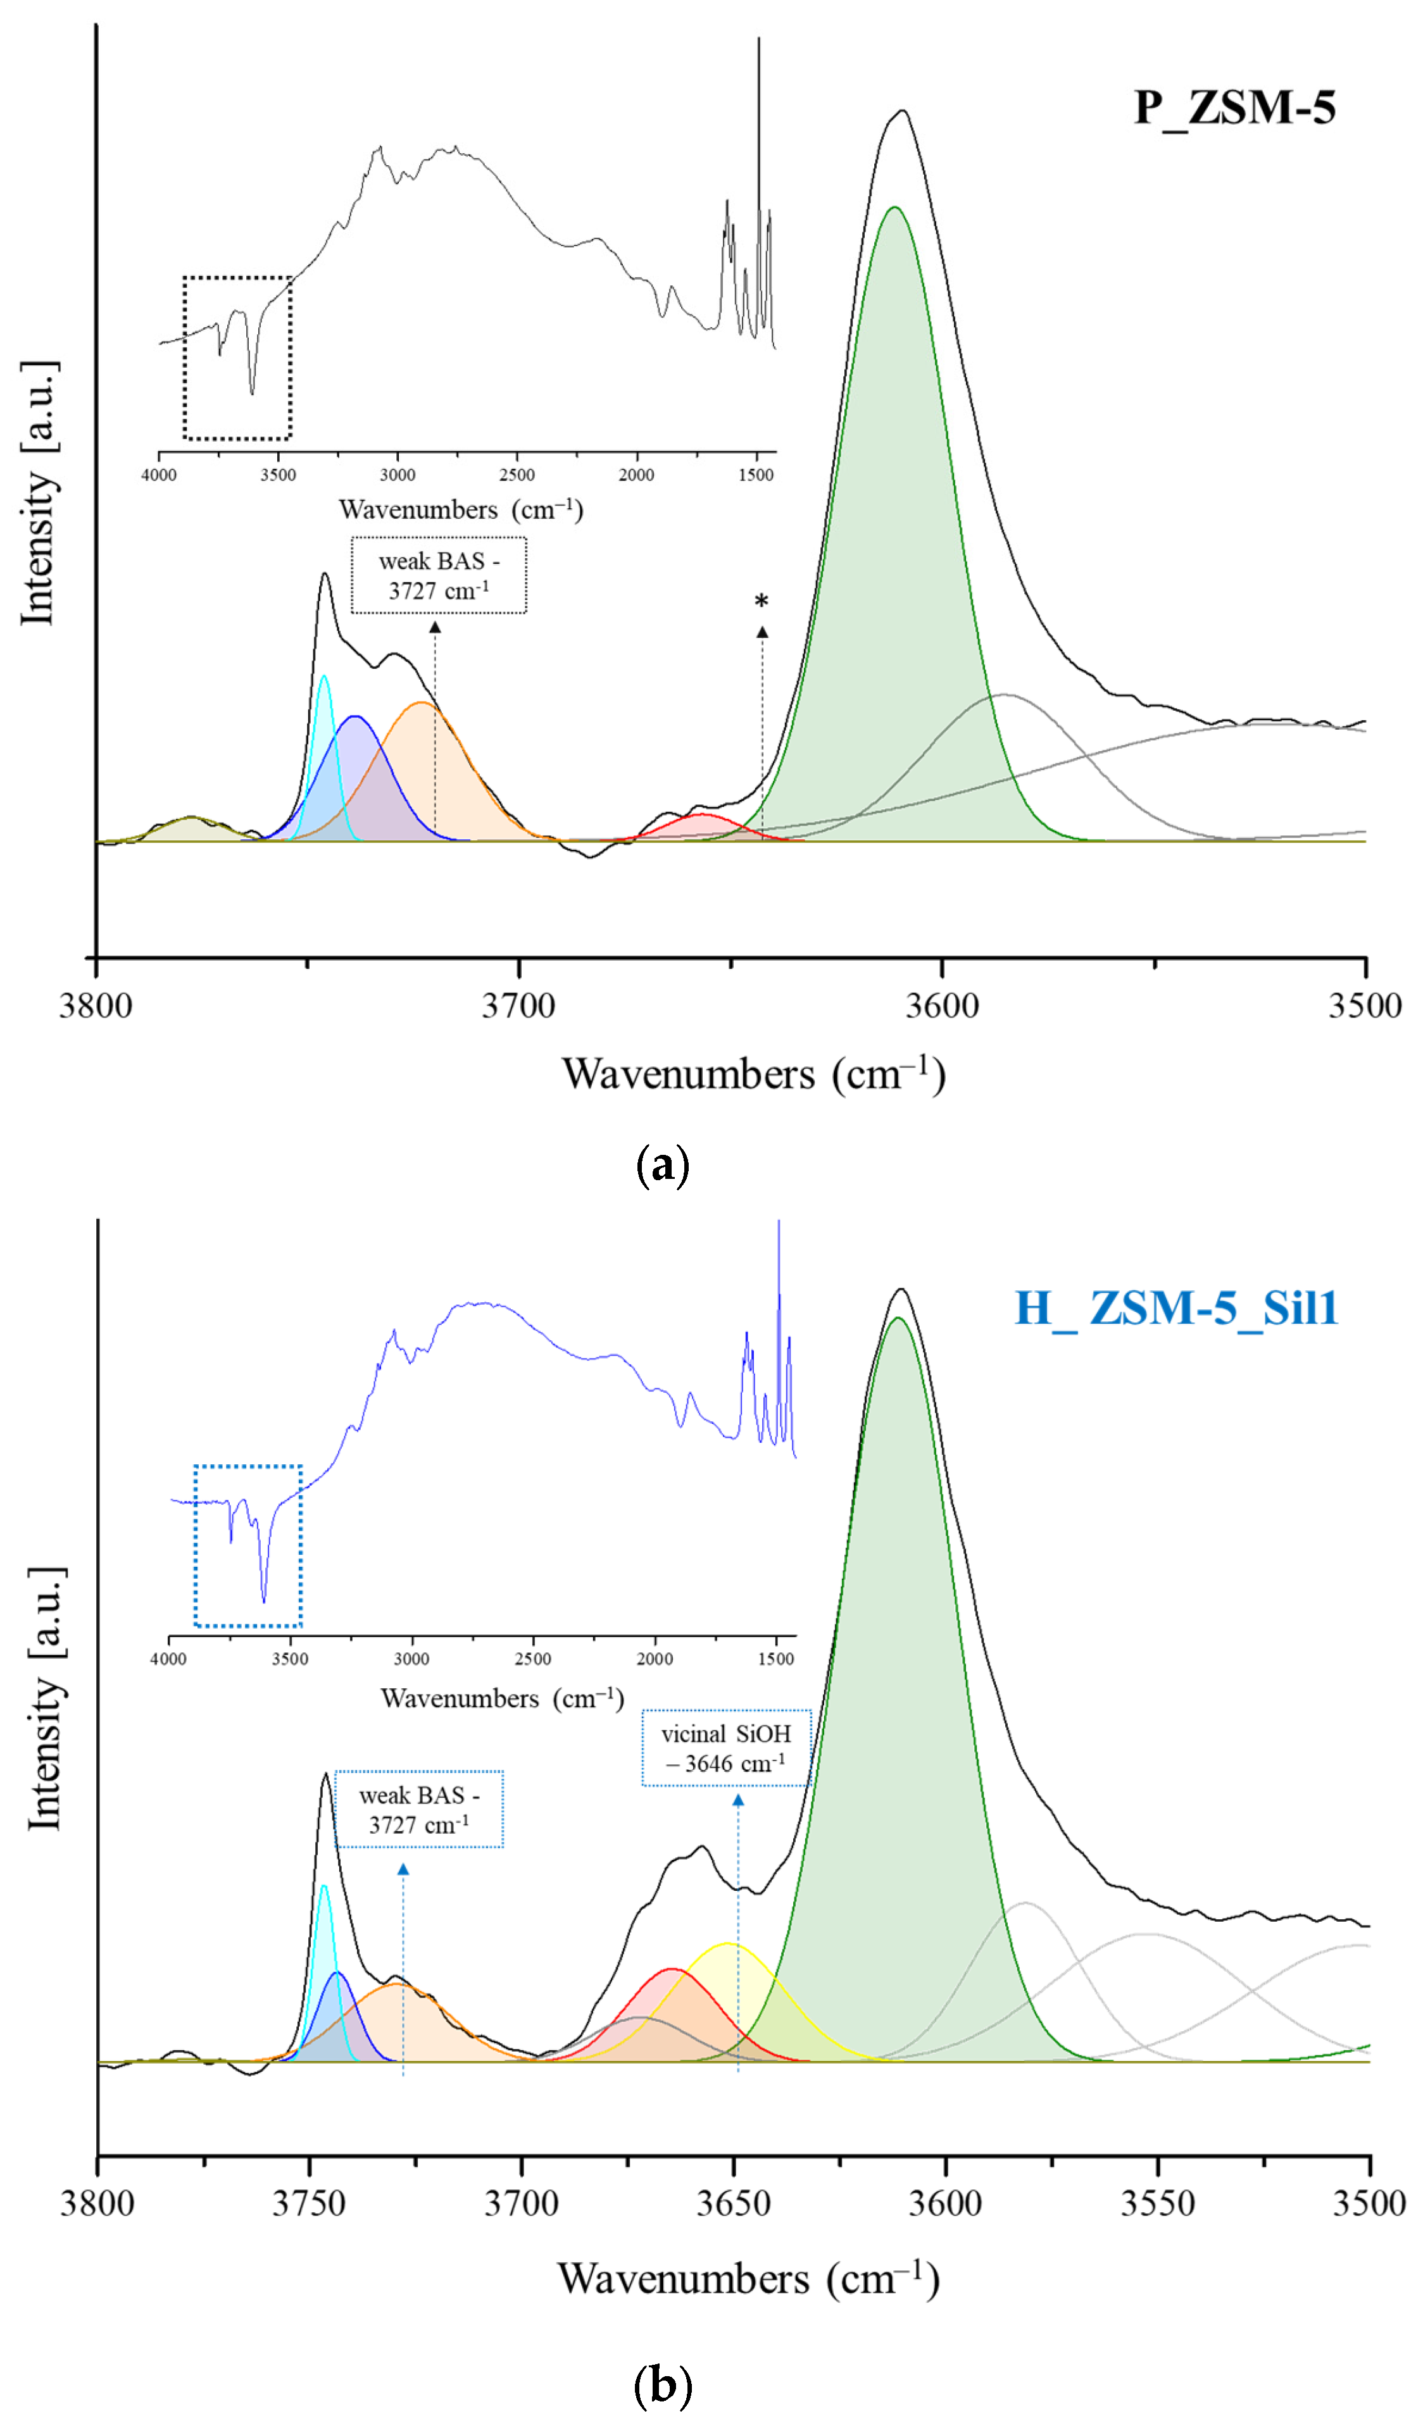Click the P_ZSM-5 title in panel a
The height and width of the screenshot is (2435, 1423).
(1234, 106)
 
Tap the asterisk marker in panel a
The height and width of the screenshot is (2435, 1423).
(762, 601)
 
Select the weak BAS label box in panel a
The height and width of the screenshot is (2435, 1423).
(439, 576)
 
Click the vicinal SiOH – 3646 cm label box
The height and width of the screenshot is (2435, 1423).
(726, 1748)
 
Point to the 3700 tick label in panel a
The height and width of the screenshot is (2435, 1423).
(519, 1006)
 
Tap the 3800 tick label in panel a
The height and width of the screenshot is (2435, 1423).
(96, 1006)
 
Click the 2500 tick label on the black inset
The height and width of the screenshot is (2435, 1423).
(517, 475)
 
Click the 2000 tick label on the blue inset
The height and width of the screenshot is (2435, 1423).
(655, 1659)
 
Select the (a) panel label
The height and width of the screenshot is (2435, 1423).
(663, 1166)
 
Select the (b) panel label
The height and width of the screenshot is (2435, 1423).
(663, 2387)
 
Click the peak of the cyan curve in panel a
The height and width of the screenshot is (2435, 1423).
(324, 676)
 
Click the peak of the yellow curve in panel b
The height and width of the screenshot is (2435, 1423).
(728, 1943)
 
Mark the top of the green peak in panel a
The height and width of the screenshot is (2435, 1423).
(894, 208)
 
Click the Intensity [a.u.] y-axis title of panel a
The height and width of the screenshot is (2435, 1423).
(39, 493)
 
